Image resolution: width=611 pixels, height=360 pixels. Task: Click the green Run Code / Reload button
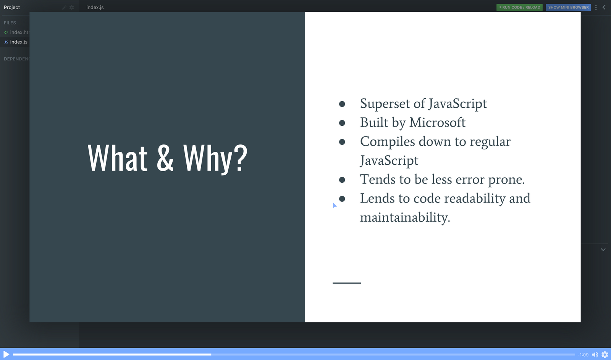[519, 7]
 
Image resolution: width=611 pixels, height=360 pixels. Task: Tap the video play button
[6, 355]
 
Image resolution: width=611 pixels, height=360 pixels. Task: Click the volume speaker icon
[595, 355]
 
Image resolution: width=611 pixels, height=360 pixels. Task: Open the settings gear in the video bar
[605, 355]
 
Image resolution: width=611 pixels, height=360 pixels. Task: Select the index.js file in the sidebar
[19, 42]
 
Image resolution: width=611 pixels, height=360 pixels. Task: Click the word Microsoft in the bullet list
[437, 122]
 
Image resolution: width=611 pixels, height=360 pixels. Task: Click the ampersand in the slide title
[165, 158]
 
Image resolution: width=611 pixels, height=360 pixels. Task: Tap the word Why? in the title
[215, 159]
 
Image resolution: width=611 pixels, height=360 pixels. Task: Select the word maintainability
[405, 217]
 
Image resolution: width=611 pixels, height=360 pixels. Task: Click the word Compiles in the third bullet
[388, 142]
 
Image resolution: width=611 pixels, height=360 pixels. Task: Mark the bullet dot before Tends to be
[342, 180]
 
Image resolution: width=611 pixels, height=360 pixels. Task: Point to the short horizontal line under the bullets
[347, 283]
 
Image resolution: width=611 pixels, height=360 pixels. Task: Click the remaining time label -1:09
[583, 355]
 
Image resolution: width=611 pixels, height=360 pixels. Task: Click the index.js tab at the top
[95, 7]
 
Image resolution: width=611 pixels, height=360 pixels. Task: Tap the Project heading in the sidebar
[12, 7]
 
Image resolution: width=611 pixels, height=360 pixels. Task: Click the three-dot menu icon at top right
[596, 7]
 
